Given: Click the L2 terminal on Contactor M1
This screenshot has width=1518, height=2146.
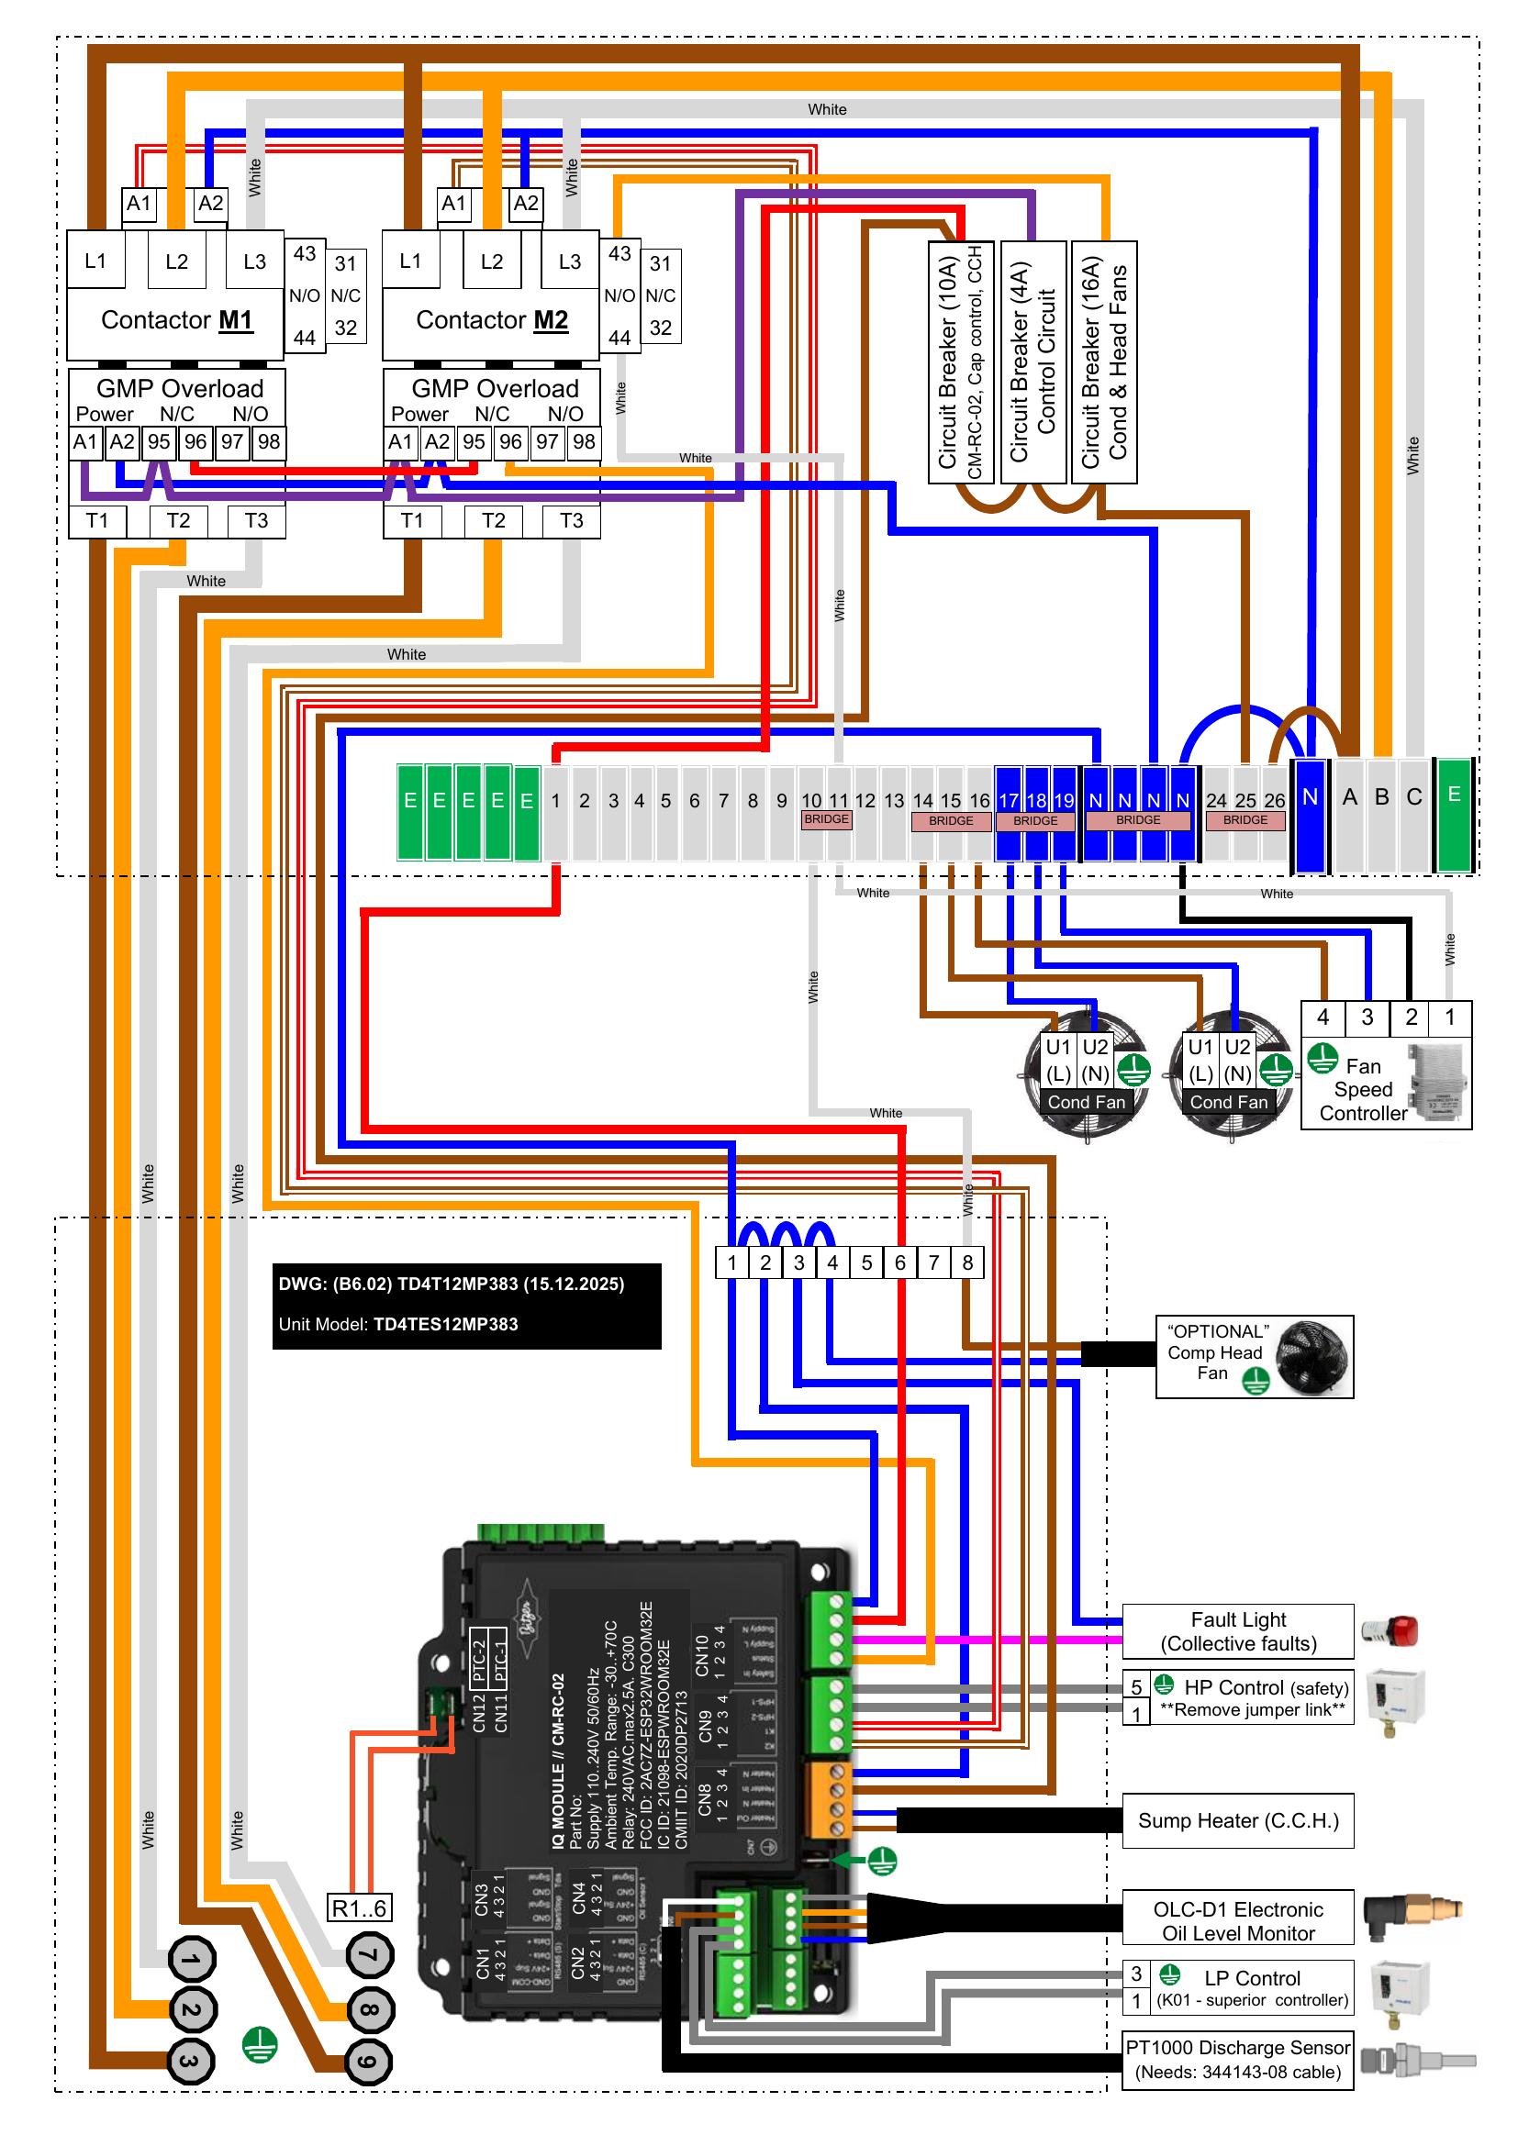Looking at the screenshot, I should coord(176,261).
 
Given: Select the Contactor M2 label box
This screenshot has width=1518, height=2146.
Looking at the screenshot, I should coord(491,320).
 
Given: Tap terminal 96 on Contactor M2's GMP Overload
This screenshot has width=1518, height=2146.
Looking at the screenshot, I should coord(510,442).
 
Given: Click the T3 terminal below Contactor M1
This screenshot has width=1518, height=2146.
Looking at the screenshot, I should coord(255,520).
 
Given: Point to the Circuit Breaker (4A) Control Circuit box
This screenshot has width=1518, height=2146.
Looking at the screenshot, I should coord(1032,362).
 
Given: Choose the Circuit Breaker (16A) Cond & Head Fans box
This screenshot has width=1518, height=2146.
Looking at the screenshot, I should coord(1104,362).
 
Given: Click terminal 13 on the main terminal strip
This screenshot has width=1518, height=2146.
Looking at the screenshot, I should coord(894,801).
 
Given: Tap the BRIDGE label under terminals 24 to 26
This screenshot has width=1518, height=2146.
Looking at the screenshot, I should coord(1245,820).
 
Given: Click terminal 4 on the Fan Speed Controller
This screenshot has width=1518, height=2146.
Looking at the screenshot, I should coord(1323,1017).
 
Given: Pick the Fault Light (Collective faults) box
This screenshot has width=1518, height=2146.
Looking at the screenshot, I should coord(1237,1631).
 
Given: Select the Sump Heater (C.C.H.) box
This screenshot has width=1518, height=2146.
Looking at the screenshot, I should coord(1237,1819).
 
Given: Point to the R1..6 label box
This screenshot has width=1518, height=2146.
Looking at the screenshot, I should coord(359,1907).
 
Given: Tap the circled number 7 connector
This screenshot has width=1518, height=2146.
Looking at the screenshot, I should coord(369,1955).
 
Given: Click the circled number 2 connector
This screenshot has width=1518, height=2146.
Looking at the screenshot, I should coord(191,2009).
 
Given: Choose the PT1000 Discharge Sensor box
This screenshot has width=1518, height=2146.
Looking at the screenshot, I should coord(1237,2059).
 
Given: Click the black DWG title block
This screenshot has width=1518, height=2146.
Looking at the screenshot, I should coord(466,1306).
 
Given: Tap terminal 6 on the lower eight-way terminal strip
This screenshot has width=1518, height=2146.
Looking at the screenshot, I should coord(899,1262).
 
